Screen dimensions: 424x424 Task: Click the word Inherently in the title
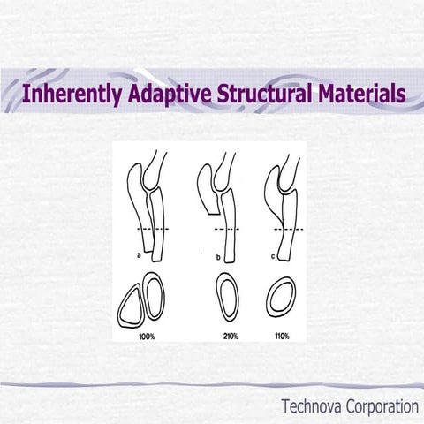(72, 94)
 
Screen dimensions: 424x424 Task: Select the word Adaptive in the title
(170, 94)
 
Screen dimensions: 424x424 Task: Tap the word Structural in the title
(264, 93)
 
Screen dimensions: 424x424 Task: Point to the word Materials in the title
(362, 93)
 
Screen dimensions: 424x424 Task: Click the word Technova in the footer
(311, 406)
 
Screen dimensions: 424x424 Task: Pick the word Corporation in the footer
(382, 407)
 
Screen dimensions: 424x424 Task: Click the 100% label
(147, 337)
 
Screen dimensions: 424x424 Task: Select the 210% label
(231, 337)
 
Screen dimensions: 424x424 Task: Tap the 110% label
(282, 336)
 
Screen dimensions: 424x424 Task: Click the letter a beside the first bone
(139, 255)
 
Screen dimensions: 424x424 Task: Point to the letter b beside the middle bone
(218, 258)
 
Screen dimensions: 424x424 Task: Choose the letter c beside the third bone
(273, 257)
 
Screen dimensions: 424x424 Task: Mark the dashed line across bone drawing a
(153, 229)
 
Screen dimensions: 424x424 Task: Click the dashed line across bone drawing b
(227, 229)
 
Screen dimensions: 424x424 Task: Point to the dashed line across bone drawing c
(289, 229)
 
